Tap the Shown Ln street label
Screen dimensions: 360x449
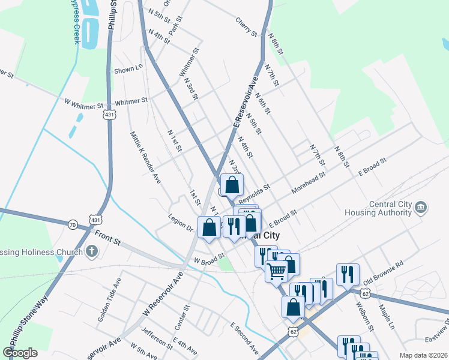pyautogui.click(x=128, y=70)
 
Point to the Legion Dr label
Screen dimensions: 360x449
pyautogui.click(x=180, y=223)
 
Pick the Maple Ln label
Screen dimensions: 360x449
pyautogui.click(x=385, y=317)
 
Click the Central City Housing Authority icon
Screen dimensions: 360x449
pyautogui.click(x=421, y=208)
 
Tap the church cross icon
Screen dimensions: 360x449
pyautogui.click(x=92, y=251)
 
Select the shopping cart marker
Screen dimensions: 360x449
pyautogui.click(x=276, y=271)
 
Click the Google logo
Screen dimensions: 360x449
pyautogui.click(x=20, y=353)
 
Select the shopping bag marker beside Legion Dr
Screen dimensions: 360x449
pyautogui.click(x=209, y=228)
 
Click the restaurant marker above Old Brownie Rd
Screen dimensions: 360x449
pyautogui.click(x=347, y=274)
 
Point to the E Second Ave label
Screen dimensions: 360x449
pyautogui.click(x=244, y=338)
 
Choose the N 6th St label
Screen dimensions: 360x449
pyautogui.click(x=263, y=103)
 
